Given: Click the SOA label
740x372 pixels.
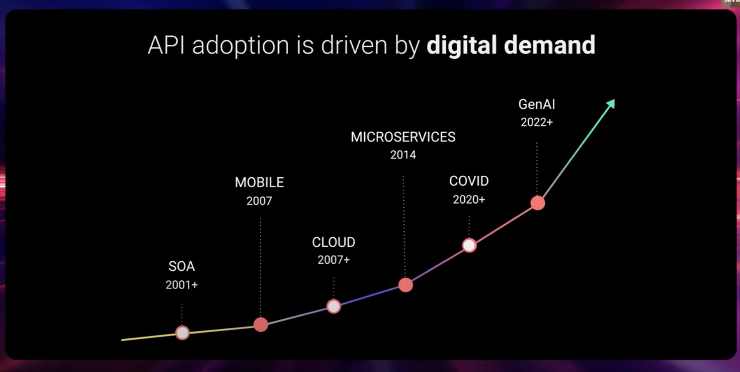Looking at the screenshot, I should tap(182, 266).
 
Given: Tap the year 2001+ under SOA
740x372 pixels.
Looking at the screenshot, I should tap(182, 285).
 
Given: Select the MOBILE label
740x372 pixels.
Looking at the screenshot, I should tap(259, 182).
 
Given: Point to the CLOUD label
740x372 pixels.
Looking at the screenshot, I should tap(333, 242).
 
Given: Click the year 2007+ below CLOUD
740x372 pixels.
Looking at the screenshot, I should tap(333, 260).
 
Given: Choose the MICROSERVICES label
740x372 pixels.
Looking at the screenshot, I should tap(403, 137).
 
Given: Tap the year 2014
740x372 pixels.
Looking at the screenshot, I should tap(403, 155).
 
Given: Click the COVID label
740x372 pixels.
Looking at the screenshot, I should tap(469, 181).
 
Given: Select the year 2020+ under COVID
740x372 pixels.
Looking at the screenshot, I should tap(469, 200).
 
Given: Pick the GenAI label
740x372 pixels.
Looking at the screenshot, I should tap(536, 105).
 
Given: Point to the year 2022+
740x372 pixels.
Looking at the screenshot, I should tap(536, 122).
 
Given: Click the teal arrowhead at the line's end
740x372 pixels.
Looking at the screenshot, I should tap(611, 104).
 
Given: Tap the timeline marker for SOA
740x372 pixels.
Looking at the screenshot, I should tap(182, 332).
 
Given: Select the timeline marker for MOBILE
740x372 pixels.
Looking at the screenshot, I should tap(261, 325).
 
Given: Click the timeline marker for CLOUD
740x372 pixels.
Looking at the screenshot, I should tap(334, 306).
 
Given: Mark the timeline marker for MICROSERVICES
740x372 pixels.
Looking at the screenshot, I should tap(405, 285).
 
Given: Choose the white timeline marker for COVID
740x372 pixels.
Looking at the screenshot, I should tap(469, 245).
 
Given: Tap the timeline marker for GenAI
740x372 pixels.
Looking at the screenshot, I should tap(538, 203).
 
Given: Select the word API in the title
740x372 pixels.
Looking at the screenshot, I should tap(166, 45).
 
